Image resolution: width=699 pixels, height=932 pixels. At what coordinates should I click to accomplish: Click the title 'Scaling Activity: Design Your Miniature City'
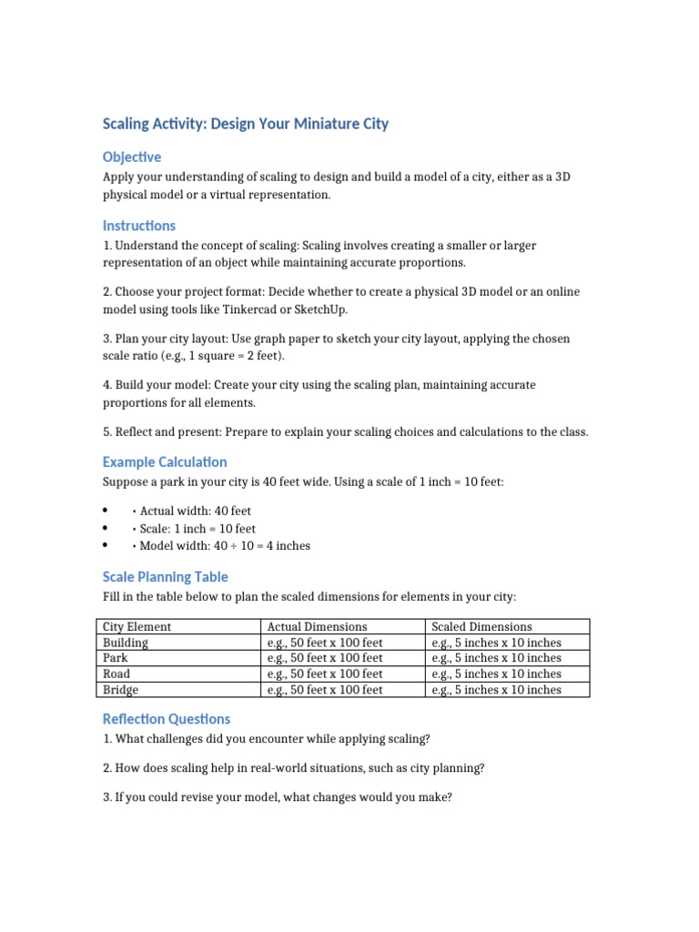(245, 124)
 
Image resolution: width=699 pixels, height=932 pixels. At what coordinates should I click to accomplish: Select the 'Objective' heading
(132, 157)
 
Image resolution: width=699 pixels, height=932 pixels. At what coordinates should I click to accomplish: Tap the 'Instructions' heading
(139, 225)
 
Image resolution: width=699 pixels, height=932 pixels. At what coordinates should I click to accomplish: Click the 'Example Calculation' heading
(165, 461)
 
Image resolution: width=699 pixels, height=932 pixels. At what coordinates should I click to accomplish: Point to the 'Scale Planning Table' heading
(165, 576)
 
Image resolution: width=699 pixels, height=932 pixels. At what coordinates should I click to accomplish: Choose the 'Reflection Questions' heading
(167, 718)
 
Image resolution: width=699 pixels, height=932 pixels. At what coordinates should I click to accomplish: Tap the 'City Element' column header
(137, 626)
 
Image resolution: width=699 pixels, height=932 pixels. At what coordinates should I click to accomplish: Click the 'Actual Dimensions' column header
(317, 626)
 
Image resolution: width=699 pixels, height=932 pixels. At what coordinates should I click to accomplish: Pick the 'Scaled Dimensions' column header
(481, 626)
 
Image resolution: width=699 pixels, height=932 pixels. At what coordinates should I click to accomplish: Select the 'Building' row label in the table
(126, 642)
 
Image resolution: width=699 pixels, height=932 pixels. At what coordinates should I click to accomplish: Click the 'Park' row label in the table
(116, 657)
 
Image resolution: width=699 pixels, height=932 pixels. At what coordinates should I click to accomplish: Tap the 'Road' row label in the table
(116, 674)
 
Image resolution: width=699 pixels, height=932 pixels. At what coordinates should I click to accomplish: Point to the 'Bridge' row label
(120, 690)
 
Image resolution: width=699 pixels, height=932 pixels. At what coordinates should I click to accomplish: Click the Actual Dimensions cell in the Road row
(325, 674)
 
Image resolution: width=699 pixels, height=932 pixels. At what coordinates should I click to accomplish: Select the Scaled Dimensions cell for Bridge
(496, 690)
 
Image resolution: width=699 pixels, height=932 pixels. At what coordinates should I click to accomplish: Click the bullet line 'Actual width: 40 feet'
(195, 511)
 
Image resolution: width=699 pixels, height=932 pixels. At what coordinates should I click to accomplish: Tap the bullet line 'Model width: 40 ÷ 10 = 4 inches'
(225, 545)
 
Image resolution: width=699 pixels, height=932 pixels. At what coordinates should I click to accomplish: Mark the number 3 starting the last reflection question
(106, 796)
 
